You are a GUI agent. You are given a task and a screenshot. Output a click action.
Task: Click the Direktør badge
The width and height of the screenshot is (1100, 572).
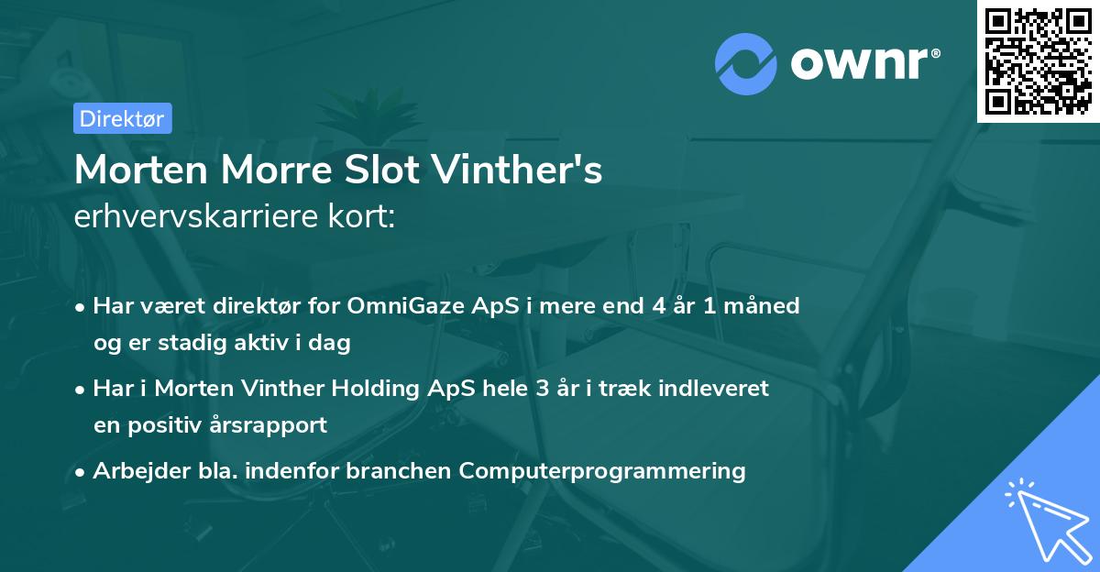pos(122,118)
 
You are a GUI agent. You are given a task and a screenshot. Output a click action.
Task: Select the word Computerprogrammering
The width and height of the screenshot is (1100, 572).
pos(602,471)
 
